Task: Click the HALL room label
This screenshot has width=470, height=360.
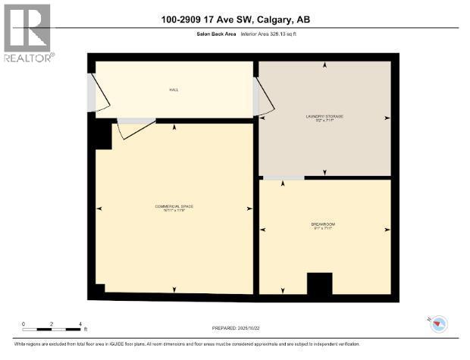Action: pyautogui.click(x=174, y=89)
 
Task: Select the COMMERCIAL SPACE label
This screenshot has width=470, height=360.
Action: pyautogui.click(x=174, y=208)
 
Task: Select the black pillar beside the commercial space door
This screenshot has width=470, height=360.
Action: pyautogui.click(x=99, y=136)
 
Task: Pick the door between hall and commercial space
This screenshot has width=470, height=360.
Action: pyautogui.click(x=134, y=127)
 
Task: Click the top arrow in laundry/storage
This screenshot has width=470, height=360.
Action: pyautogui.click(x=325, y=65)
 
